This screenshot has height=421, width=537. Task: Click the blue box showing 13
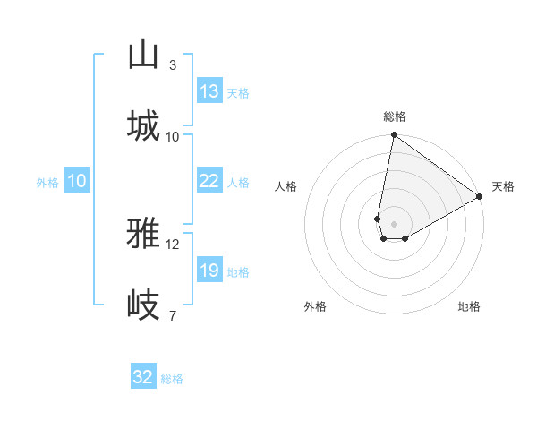click(209, 91)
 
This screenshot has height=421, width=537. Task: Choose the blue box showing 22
click(209, 181)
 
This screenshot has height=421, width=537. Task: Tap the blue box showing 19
click(209, 271)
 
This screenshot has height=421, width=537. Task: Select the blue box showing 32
click(143, 377)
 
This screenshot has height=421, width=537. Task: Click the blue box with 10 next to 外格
click(77, 181)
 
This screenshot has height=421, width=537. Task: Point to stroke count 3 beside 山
click(173, 64)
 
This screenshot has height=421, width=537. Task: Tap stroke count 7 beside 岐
click(173, 315)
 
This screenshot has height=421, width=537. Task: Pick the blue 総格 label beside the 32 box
click(172, 379)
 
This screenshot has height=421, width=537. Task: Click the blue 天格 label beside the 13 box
click(238, 93)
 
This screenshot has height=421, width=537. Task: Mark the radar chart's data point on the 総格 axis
click(394, 136)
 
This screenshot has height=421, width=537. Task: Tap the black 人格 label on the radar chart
click(286, 186)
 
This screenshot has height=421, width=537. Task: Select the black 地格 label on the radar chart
click(469, 306)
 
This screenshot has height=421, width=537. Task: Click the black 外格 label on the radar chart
click(315, 306)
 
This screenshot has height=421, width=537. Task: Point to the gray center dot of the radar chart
click(394, 224)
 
